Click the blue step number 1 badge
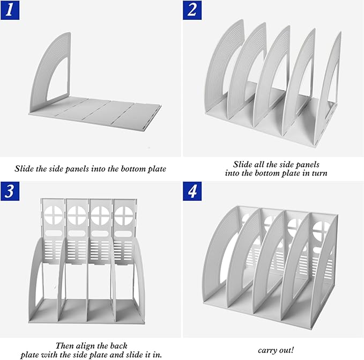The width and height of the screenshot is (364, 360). [x=10, y=10]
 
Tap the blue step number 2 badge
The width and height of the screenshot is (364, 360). [x=192, y=10]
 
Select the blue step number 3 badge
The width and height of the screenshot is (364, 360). [x=10, y=191]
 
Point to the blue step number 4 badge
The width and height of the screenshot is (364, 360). [x=192, y=191]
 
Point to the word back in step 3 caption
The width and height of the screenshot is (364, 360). [x=118, y=346]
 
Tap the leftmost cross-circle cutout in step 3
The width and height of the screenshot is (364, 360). [x=54, y=215]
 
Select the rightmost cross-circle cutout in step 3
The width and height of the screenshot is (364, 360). [x=124, y=215]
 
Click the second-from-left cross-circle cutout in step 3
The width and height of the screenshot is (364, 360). [x=77, y=215]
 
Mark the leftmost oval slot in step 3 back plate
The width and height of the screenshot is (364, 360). [x=54, y=233]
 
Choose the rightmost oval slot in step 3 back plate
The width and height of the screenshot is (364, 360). [x=123, y=233]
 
